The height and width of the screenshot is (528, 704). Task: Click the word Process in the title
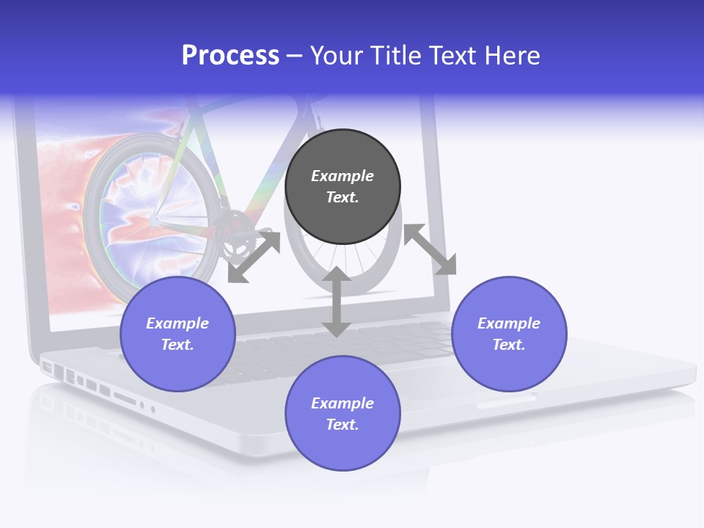[230, 56]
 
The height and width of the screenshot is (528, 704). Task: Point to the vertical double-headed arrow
[336, 301]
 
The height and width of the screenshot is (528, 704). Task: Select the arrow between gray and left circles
[254, 257]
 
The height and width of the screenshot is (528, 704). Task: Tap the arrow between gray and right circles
[430, 249]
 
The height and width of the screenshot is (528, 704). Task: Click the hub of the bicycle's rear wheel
[155, 219]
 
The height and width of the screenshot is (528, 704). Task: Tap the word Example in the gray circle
[342, 176]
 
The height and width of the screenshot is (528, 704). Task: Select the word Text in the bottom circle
[342, 425]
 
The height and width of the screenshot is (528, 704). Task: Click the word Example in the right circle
[509, 323]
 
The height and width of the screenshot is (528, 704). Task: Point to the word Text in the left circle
[177, 345]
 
